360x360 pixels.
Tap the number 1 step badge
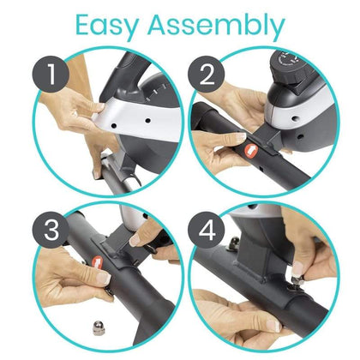(x=54, y=75)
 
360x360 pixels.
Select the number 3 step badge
(x=53, y=230)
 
